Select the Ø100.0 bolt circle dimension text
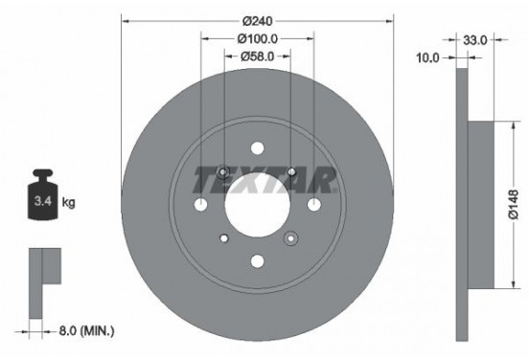pyautogui.click(x=257, y=38)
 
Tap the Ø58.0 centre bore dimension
pyautogui.click(x=257, y=56)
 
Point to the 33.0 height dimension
pyautogui.click(x=475, y=40)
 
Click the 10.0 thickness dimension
pyautogui.click(x=428, y=57)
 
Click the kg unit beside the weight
pyautogui.click(x=69, y=204)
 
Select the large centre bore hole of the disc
pyautogui.click(x=257, y=204)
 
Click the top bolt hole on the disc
pyautogui.click(x=257, y=148)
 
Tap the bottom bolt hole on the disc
pyautogui.click(x=257, y=259)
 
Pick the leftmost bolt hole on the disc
pyautogui.click(x=200, y=205)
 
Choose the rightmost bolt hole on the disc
pyautogui.click(x=313, y=205)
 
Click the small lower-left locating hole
pyautogui.click(x=223, y=237)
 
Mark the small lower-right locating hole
pyautogui.click(x=290, y=237)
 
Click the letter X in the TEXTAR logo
pyautogui.click(x=243, y=179)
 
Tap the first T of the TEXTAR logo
pyautogui.click(x=203, y=179)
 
